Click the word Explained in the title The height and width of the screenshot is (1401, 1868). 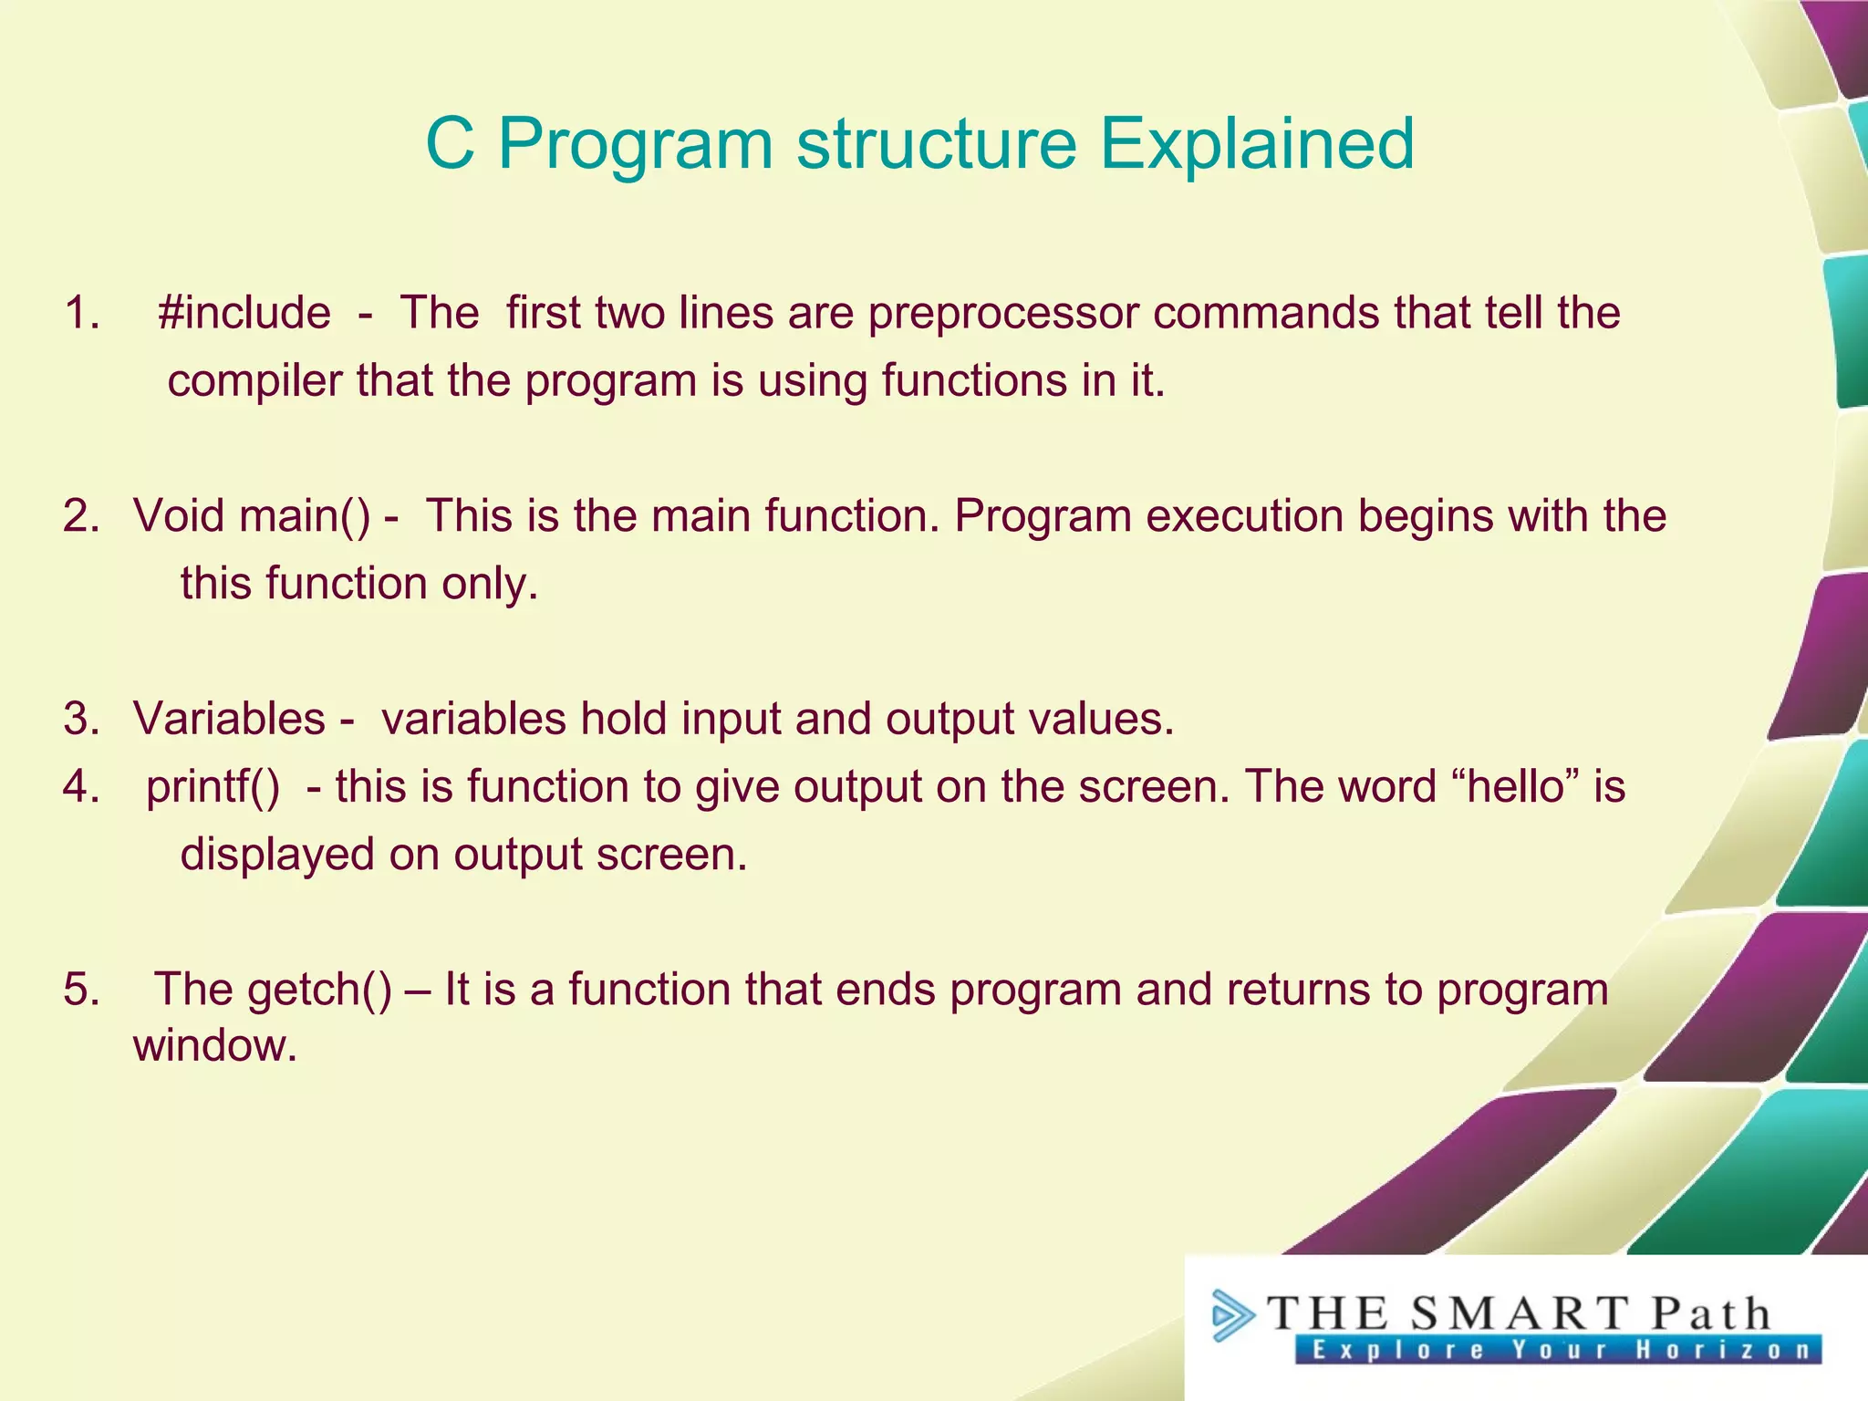[1256, 144]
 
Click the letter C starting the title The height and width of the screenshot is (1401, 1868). [451, 144]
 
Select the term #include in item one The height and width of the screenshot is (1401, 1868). [244, 313]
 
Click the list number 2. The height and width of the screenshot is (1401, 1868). [81, 516]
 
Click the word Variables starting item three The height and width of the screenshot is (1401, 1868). [229, 719]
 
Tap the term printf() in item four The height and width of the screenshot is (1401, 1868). [213, 787]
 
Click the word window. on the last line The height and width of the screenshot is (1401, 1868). [215, 1045]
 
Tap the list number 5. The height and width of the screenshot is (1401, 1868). [81, 990]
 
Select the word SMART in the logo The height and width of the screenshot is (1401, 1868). [1519, 1313]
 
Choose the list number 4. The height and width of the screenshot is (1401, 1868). [81, 787]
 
